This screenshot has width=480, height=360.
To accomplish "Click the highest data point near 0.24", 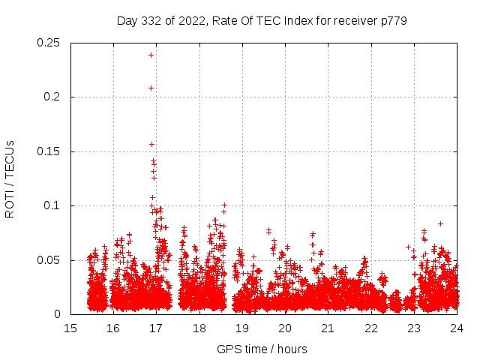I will [151, 55].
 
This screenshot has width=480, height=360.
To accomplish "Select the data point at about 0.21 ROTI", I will [151, 88].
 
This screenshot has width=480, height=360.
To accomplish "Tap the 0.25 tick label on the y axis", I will [50, 43].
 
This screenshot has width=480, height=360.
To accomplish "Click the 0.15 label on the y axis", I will [50, 151].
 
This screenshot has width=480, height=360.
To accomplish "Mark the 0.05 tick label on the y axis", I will [50, 260].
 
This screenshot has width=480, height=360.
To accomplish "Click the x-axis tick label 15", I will [70, 328].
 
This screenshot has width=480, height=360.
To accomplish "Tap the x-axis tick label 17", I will [156, 328].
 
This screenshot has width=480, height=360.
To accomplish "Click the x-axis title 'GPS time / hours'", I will [262, 349].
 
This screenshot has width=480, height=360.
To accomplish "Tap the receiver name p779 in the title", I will [393, 20].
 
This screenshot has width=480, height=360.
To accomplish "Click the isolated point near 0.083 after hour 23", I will [441, 223].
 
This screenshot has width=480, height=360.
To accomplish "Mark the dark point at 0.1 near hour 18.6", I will [223, 205].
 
